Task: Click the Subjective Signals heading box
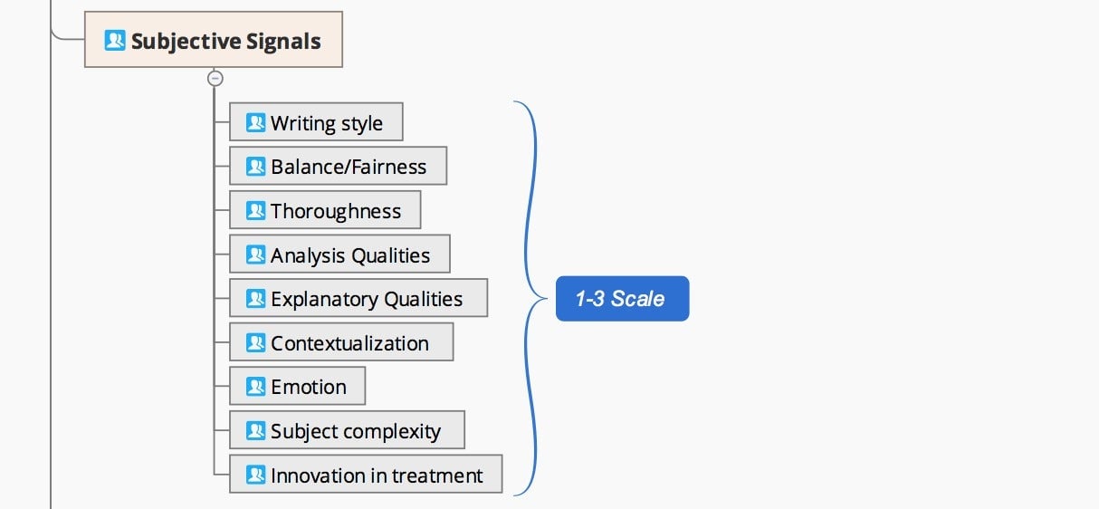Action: coord(214,39)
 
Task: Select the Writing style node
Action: coord(316,121)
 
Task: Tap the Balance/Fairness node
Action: coord(338,166)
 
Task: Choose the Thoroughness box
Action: coord(325,210)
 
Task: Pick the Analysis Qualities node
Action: coord(339,254)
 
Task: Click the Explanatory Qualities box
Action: coord(358,298)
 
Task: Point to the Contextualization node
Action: coord(341,342)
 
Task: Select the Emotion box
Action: coord(297,386)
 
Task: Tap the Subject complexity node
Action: coord(347,430)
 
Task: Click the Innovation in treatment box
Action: coord(366,475)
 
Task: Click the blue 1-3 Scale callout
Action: coord(623,299)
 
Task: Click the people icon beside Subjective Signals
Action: coord(115,40)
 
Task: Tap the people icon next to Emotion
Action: coord(255,387)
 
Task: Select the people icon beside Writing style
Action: coord(255,122)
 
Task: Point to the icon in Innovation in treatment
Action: coord(255,475)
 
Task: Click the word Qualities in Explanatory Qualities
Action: coord(423,300)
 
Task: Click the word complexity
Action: coord(392,432)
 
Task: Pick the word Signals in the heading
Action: coord(283,42)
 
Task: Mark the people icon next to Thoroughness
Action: coord(255,210)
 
